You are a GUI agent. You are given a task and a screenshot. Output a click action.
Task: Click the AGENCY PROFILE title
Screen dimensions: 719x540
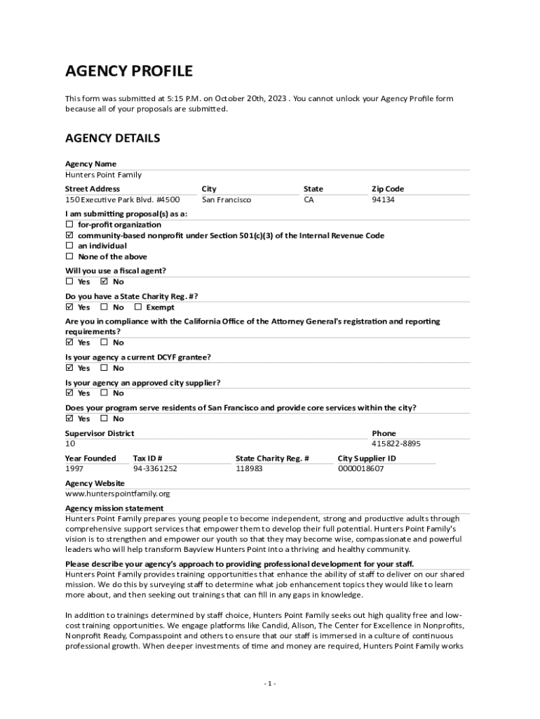point(128,72)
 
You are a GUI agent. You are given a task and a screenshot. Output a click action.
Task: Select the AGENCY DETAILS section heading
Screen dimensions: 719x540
point(112,138)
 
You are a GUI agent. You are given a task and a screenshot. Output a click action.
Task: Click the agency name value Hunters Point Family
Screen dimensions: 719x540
point(103,175)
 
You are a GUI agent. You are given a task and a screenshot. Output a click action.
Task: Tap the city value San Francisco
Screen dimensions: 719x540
point(226,200)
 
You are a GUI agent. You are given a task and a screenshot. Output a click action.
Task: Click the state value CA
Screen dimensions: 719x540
point(309,200)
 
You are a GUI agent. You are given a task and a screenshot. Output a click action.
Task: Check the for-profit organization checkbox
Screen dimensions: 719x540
point(69,225)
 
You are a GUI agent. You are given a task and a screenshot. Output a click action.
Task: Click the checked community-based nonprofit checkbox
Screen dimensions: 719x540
point(69,235)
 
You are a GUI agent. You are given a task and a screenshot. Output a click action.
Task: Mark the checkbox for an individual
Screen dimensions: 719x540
point(69,246)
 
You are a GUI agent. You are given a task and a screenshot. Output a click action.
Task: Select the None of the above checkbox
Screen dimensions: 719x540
point(69,256)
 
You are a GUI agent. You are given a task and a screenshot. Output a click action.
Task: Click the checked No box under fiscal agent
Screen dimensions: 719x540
point(104,282)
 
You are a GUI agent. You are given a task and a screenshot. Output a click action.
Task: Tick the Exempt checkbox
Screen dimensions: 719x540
point(137,307)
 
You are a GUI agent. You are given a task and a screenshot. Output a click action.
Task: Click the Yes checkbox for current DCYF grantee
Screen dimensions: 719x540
point(69,367)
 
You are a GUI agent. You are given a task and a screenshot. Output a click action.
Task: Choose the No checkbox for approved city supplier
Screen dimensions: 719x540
point(104,393)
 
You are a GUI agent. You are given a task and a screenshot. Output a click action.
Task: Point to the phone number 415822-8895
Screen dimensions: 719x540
point(396,444)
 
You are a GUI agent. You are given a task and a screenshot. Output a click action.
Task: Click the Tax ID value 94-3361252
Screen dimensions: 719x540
point(155,468)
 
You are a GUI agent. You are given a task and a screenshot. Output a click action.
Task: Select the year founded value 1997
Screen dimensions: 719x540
point(74,468)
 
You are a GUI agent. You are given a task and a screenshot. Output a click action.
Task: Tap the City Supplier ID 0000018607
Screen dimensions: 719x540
point(360,468)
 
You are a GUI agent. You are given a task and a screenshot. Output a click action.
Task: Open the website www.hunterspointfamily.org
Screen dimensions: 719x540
point(117,494)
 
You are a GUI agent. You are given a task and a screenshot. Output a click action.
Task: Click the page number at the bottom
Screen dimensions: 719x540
point(270,683)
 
